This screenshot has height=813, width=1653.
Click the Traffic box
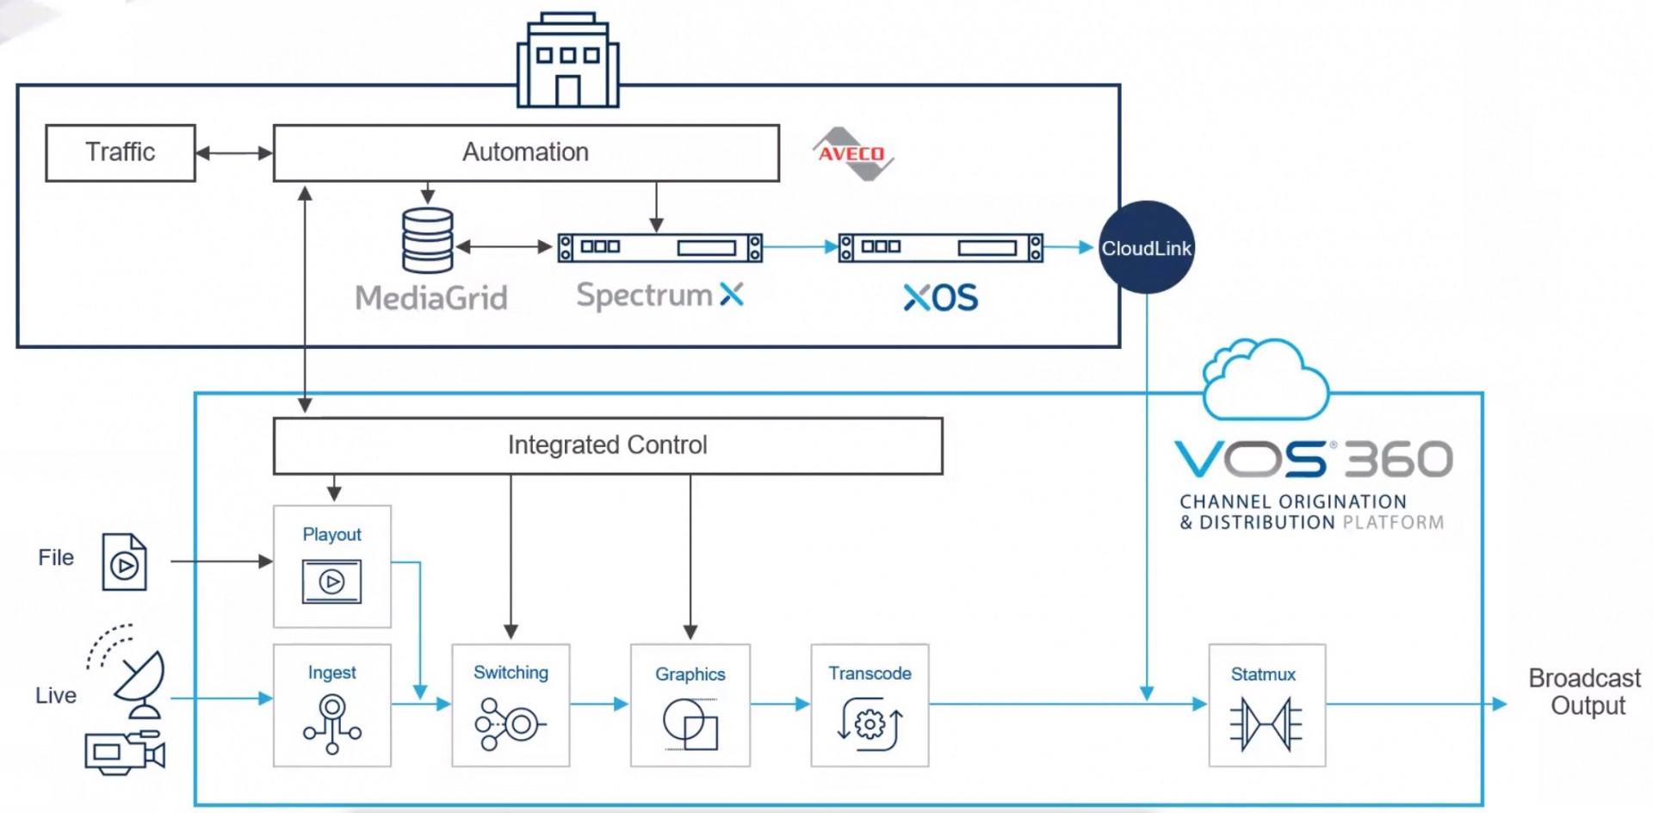pos(121,152)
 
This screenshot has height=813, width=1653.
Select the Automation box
pos(526,152)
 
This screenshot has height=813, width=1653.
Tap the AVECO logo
pos(852,154)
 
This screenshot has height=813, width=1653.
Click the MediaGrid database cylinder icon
pos(428,241)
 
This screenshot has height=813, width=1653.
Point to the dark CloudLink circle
pos(1146,248)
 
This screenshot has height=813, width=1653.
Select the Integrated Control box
pos(608,445)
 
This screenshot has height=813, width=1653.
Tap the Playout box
pos(332,566)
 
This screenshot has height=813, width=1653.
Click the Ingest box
pos(332,704)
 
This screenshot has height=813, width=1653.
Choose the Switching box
pos(511,704)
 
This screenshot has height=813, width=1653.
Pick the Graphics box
pos(690,704)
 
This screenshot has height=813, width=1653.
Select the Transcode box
pos(870,704)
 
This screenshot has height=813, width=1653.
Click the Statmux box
pos(1266,704)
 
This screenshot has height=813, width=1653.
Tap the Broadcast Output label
pos(1585,692)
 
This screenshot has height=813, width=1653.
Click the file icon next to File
pos(125,562)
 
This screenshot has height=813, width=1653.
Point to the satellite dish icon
pos(138,682)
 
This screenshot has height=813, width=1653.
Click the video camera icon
pos(124,752)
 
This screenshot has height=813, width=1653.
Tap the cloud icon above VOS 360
pos(1266,379)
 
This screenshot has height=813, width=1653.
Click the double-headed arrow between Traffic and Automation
pos(234,153)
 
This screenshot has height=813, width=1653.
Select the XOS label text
pos(941,298)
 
